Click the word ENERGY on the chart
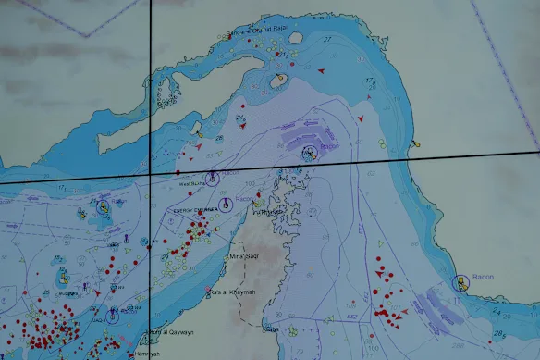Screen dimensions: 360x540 (x=187, y=210)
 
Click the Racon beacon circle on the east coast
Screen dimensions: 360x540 (x=456, y=281)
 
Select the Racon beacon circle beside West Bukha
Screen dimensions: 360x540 (x=212, y=179)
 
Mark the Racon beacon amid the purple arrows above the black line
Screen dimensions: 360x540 (x=310, y=152)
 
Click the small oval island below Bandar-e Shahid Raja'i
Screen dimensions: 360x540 (x=277, y=81)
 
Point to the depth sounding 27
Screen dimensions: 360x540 (x=327, y=39)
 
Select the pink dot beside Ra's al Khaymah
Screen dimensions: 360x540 (x=209, y=294)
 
